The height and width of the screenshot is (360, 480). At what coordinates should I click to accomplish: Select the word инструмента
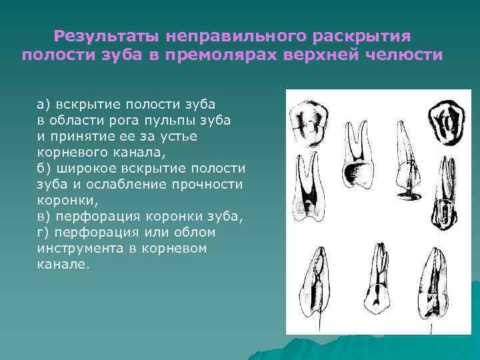point(86,249)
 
